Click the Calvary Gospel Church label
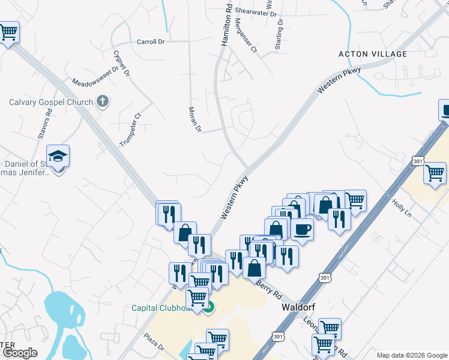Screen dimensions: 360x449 coord(51,102)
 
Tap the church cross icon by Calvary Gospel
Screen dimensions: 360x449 coord(103,101)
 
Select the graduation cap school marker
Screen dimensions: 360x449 coord(58,157)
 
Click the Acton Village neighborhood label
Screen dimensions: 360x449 coord(373,54)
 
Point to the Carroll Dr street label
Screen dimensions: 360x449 coord(151,42)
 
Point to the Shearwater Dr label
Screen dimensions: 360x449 coord(256,12)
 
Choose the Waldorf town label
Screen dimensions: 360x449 coord(298,307)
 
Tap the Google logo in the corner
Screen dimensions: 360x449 coord(19,353)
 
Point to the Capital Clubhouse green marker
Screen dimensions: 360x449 coord(208,308)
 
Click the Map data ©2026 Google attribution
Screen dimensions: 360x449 coord(411,355)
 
